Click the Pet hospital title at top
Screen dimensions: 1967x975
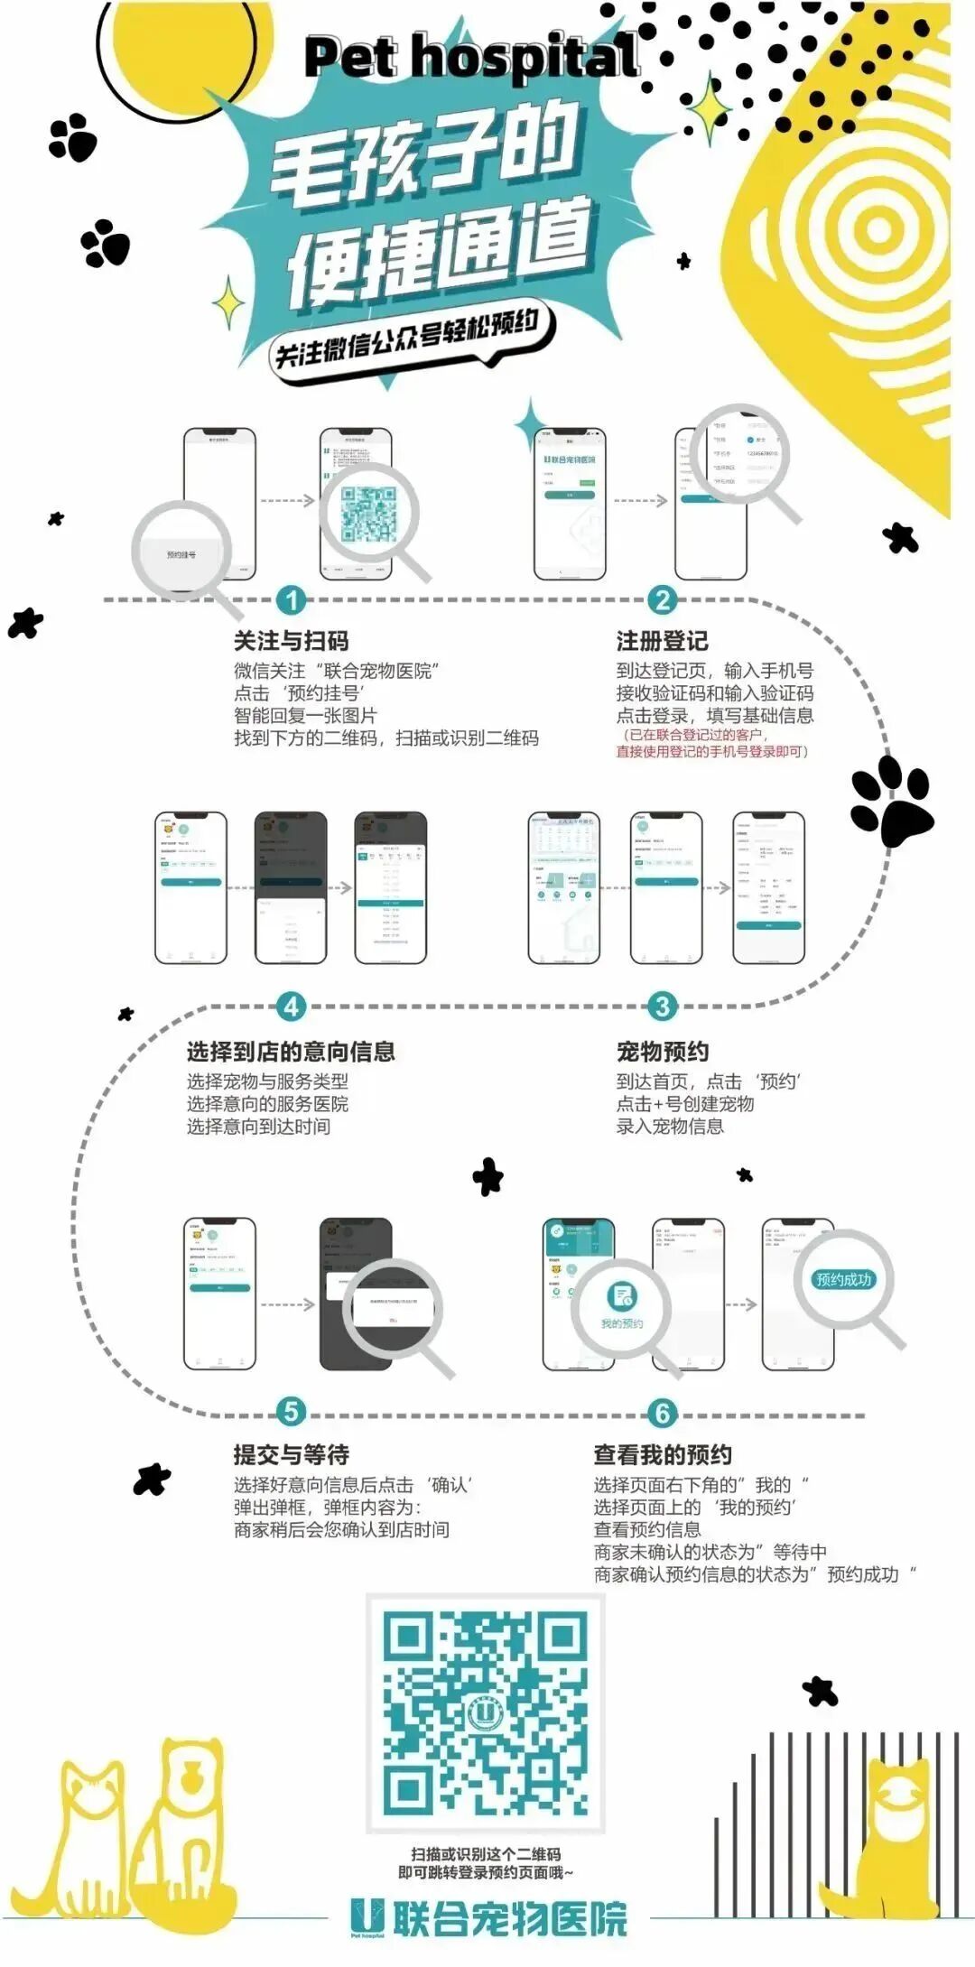471,58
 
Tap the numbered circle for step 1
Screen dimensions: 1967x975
291,600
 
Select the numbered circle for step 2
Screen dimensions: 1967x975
662,600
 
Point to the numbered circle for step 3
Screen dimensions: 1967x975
662,1007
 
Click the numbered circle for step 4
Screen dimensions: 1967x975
291,1007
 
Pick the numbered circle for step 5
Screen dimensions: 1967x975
291,1412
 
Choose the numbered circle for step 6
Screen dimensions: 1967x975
662,1414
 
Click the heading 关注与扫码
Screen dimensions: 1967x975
291,641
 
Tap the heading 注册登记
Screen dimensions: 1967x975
662,641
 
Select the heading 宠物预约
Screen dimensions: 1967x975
662,1052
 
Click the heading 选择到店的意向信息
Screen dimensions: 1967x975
291,1052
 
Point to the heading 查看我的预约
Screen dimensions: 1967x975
662,1455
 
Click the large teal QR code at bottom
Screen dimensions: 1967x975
485,1714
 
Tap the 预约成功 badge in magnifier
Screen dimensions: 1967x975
843,1279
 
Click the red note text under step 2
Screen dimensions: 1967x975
712,743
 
